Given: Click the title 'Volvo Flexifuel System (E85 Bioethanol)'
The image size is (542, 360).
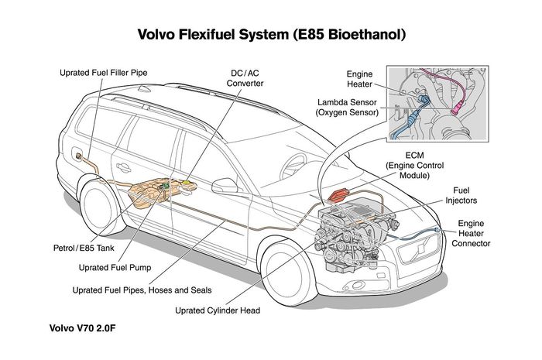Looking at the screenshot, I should pyautogui.click(x=271, y=35).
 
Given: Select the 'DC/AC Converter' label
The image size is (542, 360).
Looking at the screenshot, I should pyautogui.click(x=247, y=78).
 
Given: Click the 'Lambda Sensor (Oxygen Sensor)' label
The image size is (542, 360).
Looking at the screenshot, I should pyautogui.click(x=347, y=107).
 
